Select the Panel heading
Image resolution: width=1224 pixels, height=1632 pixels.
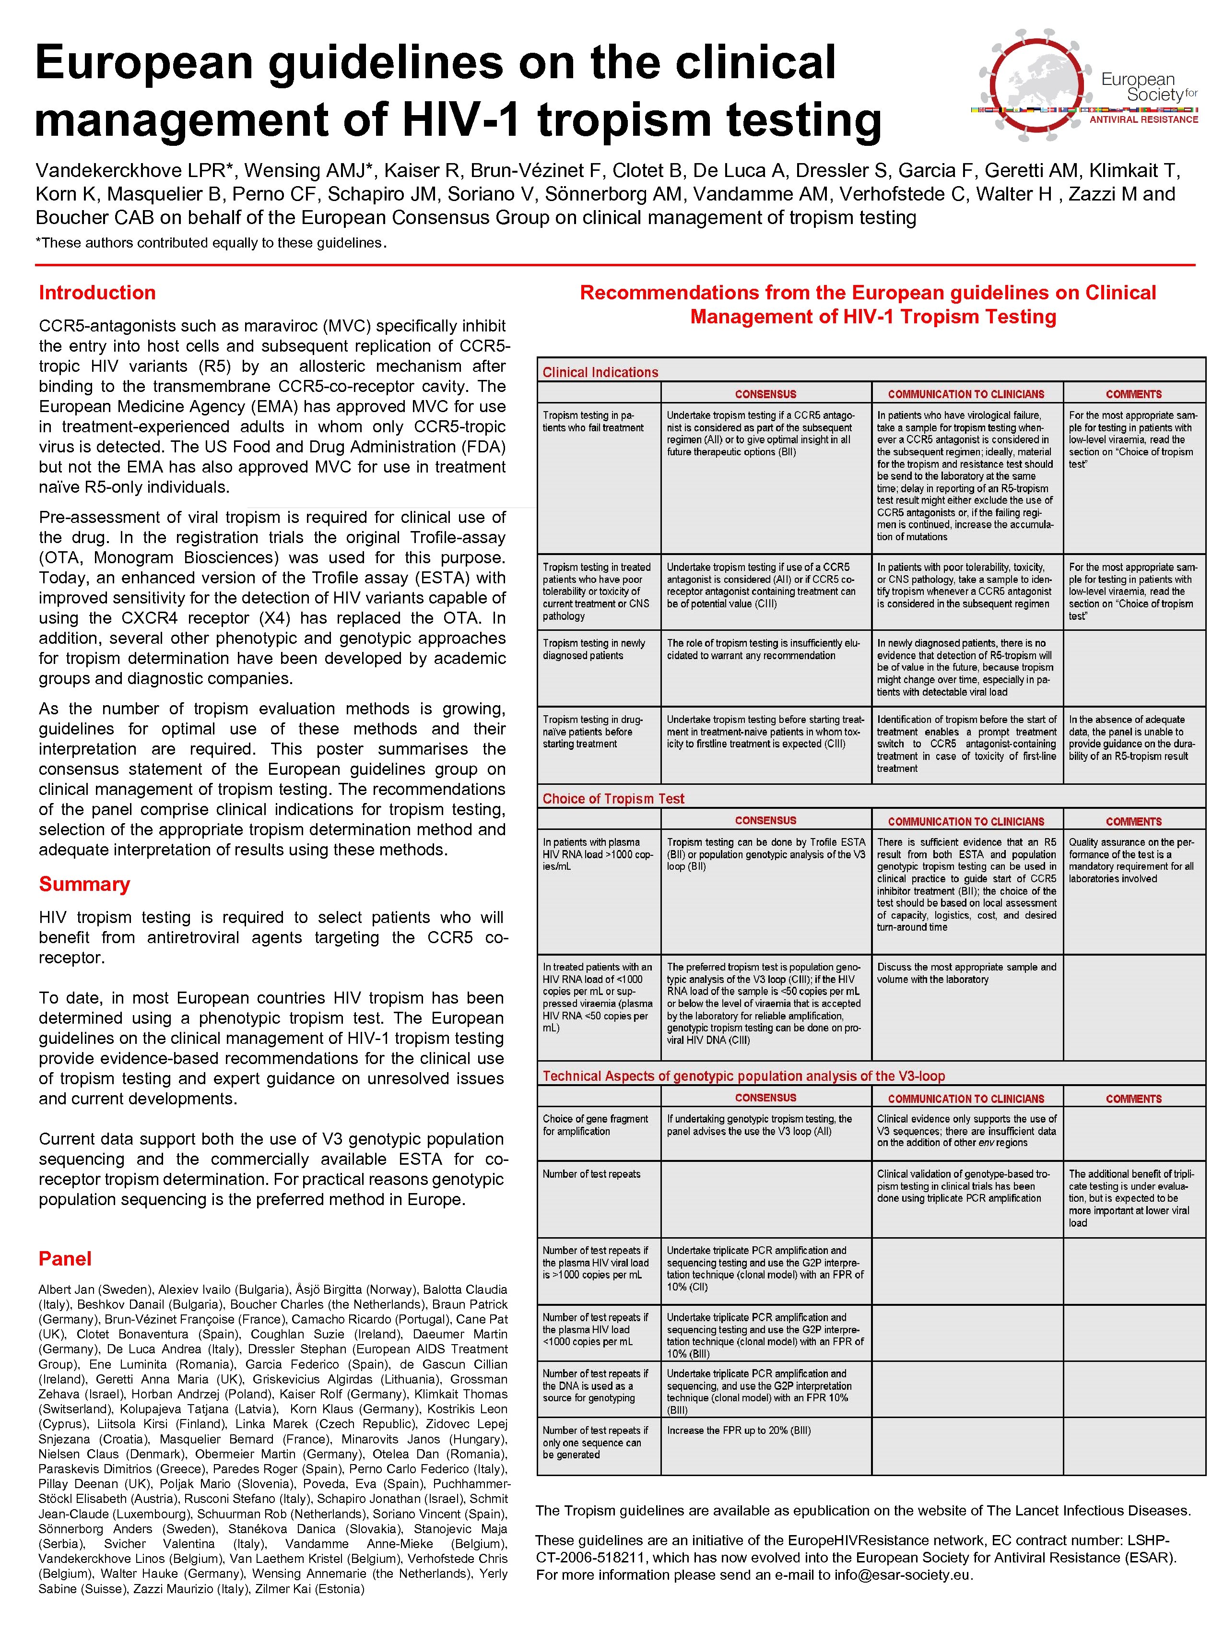tap(65, 1259)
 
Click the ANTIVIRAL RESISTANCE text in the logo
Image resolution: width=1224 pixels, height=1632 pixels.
tap(1143, 119)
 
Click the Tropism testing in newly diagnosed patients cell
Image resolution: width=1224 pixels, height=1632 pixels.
tap(593, 649)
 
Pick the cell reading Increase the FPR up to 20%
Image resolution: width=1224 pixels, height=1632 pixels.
tap(738, 1430)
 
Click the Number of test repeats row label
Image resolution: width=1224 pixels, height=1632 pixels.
tap(591, 1174)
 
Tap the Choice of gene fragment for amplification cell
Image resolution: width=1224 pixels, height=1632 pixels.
tap(595, 1124)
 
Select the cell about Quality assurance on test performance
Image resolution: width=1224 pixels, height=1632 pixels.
tap(1130, 860)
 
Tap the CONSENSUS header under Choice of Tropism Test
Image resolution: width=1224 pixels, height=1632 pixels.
tap(765, 820)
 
